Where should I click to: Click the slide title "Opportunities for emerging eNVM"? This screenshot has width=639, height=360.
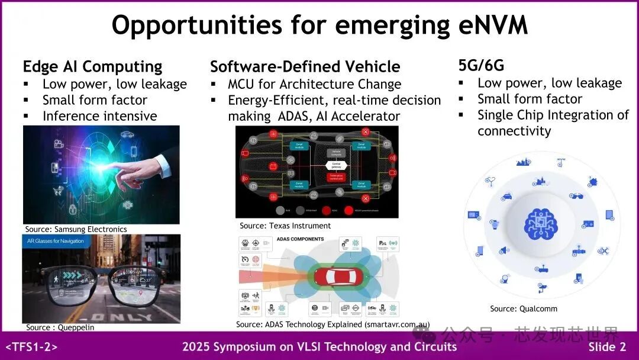click(x=319, y=25)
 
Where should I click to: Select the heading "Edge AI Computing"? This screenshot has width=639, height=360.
click(x=92, y=66)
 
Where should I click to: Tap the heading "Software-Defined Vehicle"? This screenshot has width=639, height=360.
click(x=305, y=66)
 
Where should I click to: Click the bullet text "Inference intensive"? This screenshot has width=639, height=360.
click(x=99, y=116)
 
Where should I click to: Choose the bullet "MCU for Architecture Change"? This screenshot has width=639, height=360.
click(x=314, y=84)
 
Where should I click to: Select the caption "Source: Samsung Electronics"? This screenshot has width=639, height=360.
click(x=76, y=229)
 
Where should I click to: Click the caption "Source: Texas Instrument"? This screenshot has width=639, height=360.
click(x=285, y=226)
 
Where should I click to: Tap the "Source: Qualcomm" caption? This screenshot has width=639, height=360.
click(x=524, y=308)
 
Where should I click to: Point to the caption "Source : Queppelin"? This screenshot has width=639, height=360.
click(x=60, y=327)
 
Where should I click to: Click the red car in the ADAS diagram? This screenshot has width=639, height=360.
click(x=335, y=277)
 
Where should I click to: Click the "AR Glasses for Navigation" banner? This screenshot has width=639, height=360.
click(x=56, y=241)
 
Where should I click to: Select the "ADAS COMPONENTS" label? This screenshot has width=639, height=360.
click(x=300, y=239)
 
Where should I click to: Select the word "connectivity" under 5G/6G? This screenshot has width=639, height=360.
click(x=514, y=131)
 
